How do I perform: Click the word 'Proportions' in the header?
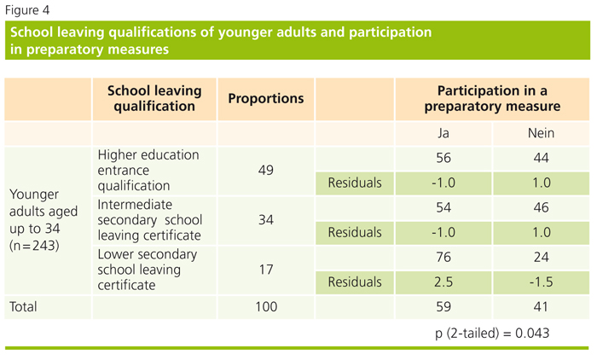point(266,98)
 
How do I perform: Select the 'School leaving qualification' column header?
point(154,98)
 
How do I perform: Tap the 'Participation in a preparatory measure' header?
point(492,98)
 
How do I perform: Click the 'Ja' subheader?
point(443,134)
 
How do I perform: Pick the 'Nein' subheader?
point(542,134)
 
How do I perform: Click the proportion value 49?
point(264,171)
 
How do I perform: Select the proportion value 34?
point(264,219)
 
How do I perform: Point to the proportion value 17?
point(264,268)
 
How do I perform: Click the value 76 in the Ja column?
point(443,256)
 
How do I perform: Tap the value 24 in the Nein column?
point(542,256)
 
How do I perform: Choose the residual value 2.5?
point(443,281)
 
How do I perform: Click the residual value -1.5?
point(542,281)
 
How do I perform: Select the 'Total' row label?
point(26,305)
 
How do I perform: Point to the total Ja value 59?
point(443,305)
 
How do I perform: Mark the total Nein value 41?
point(542,305)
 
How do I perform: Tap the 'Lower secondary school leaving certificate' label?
point(148,270)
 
